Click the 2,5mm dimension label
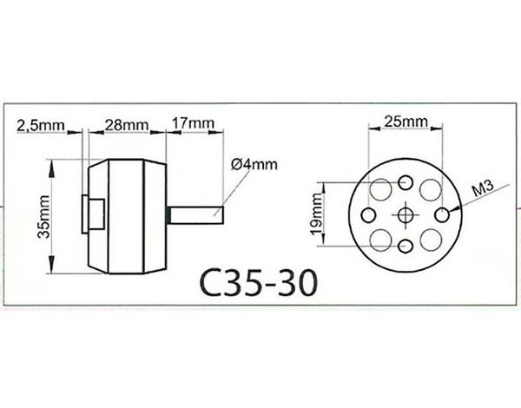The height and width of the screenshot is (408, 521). pos(41,125)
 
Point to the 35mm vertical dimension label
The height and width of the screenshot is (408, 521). pos(43,217)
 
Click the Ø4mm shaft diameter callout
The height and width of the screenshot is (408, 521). pos(254,164)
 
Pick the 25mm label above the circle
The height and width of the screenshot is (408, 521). pos(406,122)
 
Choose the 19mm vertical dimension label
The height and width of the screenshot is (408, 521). pos(317,214)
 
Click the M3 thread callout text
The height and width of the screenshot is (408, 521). pos(483,188)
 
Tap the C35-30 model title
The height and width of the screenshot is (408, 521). pos(258,283)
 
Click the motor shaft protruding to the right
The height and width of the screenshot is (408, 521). pos(196,215)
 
